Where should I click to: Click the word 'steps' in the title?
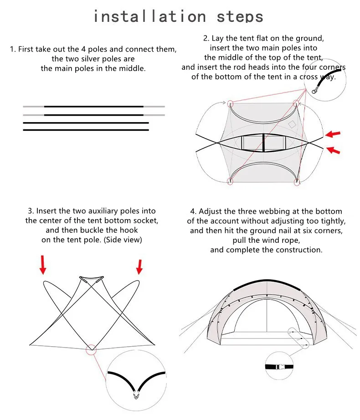pyautogui.click(x=240, y=17)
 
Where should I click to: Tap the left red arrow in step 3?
pyautogui.click(x=42, y=265)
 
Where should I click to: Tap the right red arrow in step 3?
pyautogui.click(x=139, y=266)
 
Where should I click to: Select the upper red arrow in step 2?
pyautogui.click(x=333, y=134)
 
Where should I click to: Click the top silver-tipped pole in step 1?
pyautogui.click(x=93, y=107)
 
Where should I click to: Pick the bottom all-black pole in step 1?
pyautogui.click(x=86, y=130)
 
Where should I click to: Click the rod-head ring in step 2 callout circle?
pyautogui.click(x=314, y=90)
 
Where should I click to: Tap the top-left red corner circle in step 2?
pyautogui.click(x=230, y=103)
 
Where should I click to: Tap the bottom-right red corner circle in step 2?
pyautogui.click(x=297, y=182)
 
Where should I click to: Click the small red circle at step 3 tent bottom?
pyautogui.click(x=92, y=349)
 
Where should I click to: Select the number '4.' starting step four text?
pyautogui.click(x=193, y=211)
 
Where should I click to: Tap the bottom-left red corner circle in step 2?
pyautogui.click(x=230, y=182)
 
